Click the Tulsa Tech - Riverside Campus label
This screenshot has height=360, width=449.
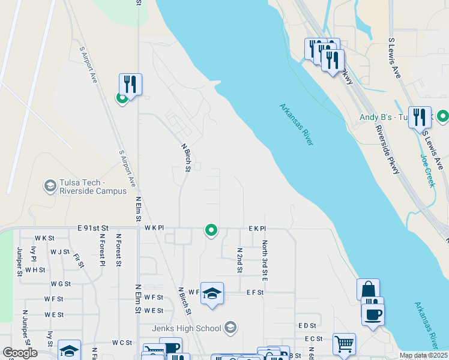pos(93,187)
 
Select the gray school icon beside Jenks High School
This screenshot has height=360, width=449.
pos(230,328)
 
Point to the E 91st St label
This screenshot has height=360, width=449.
pos(92,228)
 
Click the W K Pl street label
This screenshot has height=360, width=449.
pos(154,229)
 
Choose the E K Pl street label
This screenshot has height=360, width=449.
pos(257,229)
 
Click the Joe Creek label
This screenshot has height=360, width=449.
pos(427,170)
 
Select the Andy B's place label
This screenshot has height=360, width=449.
pos(383,118)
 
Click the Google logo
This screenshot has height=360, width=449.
pos(20,353)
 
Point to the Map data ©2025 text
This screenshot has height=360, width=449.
pos(423,355)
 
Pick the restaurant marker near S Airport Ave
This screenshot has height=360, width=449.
pos(130,84)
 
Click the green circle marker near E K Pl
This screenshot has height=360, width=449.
pos(211,229)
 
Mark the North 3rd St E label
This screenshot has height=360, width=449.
pos(264,261)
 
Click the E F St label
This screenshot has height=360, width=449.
pos(255,292)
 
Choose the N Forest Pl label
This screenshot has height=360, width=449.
pos(102,250)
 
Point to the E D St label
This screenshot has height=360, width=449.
pos(307,325)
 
